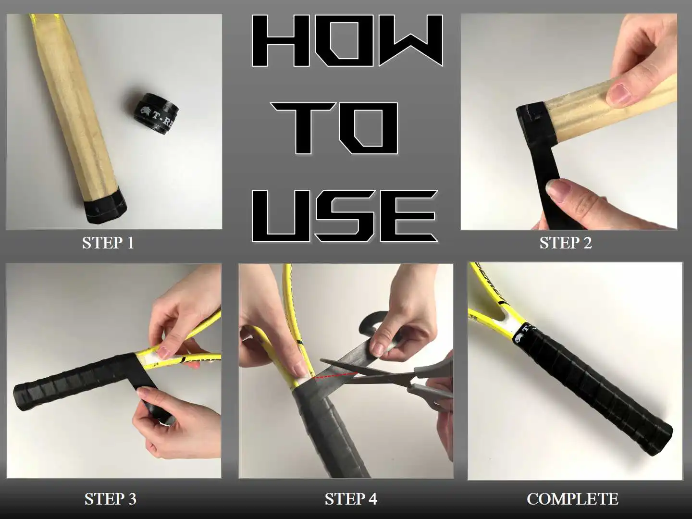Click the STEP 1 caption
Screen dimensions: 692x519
coord(108,243)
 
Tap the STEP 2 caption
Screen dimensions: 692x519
coord(566,243)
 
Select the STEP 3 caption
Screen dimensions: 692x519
coord(111,499)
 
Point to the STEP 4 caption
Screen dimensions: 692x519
coord(351,499)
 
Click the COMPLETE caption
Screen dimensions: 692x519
coord(572,499)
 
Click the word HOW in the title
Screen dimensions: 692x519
coord(347,40)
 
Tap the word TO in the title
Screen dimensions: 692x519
coord(334,129)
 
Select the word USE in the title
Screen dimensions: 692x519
coord(345,216)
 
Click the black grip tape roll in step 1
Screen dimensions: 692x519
coord(155,112)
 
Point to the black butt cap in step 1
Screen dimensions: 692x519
coord(106,205)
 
